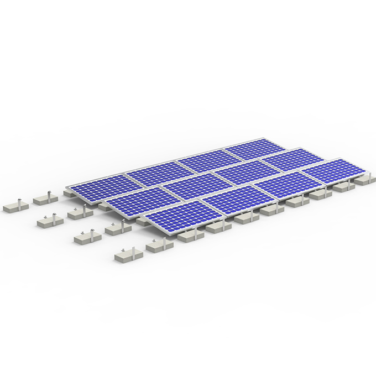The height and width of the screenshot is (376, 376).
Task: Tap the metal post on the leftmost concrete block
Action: pyautogui.click(x=20, y=201)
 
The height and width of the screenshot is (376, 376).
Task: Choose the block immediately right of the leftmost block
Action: pyautogui.click(x=45, y=197)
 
